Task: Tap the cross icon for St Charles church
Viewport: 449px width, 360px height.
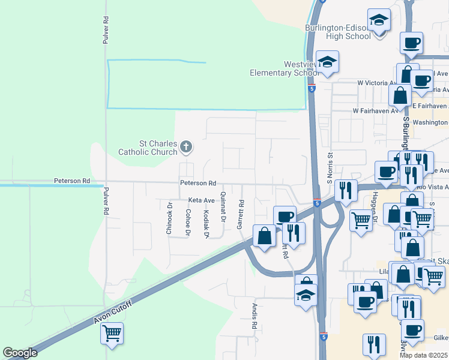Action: tap(186, 146)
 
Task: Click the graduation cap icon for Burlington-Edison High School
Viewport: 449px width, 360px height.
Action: tap(379, 22)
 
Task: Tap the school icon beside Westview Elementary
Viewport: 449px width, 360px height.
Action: tap(328, 62)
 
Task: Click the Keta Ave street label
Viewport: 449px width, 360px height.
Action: tap(201, 200)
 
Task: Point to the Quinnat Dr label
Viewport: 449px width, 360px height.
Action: tap(223, 207)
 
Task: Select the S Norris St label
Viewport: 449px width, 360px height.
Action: tap(330, 169)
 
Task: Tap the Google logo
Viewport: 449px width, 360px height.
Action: tap(20, 353)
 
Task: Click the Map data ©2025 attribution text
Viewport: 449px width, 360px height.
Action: tap(424, 355)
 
